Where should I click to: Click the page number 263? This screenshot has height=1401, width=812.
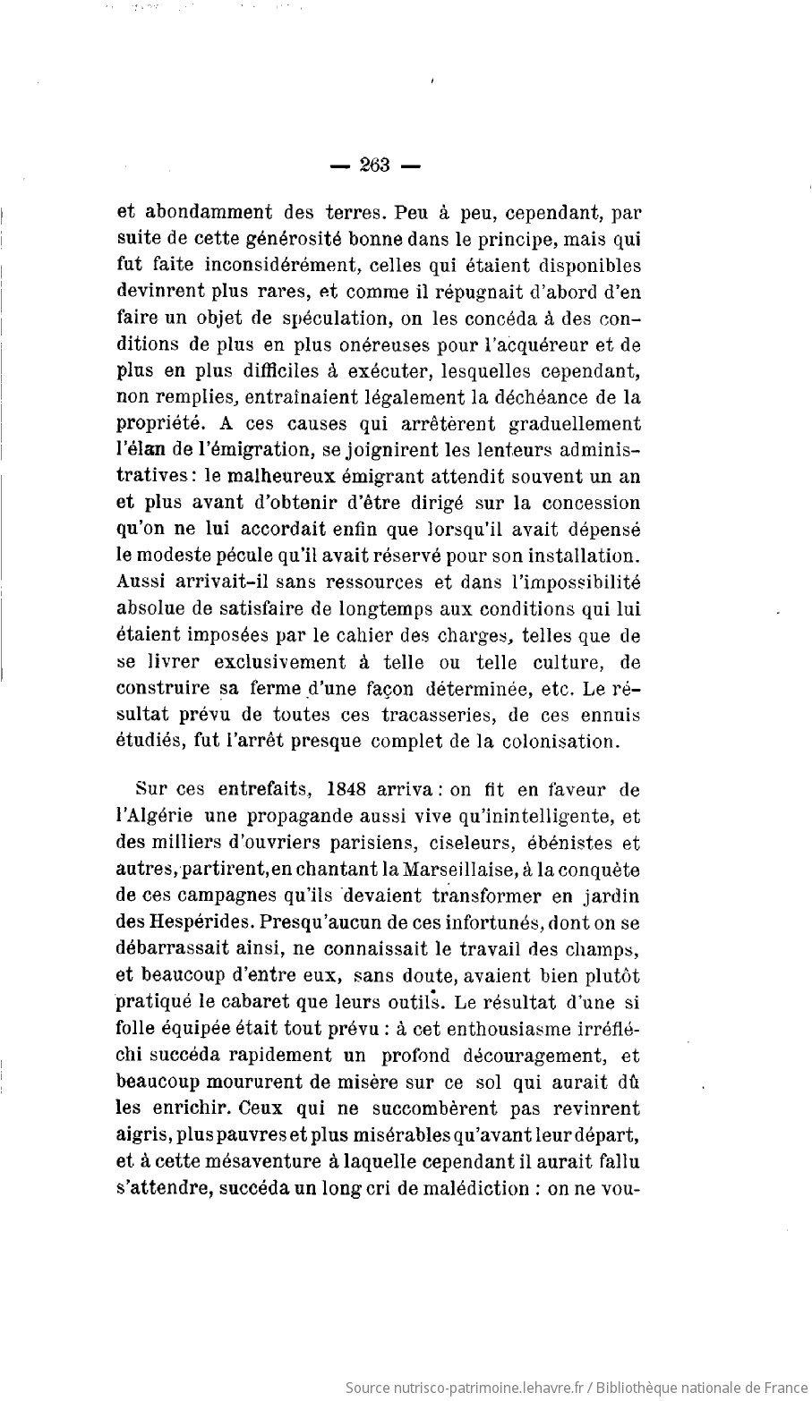pyautogui.click(x=374, y=165)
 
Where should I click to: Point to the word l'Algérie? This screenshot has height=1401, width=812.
pyautogui.click(x=157, y=816)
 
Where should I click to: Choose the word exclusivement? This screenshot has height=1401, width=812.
pyautogui.click(x=288, y=662)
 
